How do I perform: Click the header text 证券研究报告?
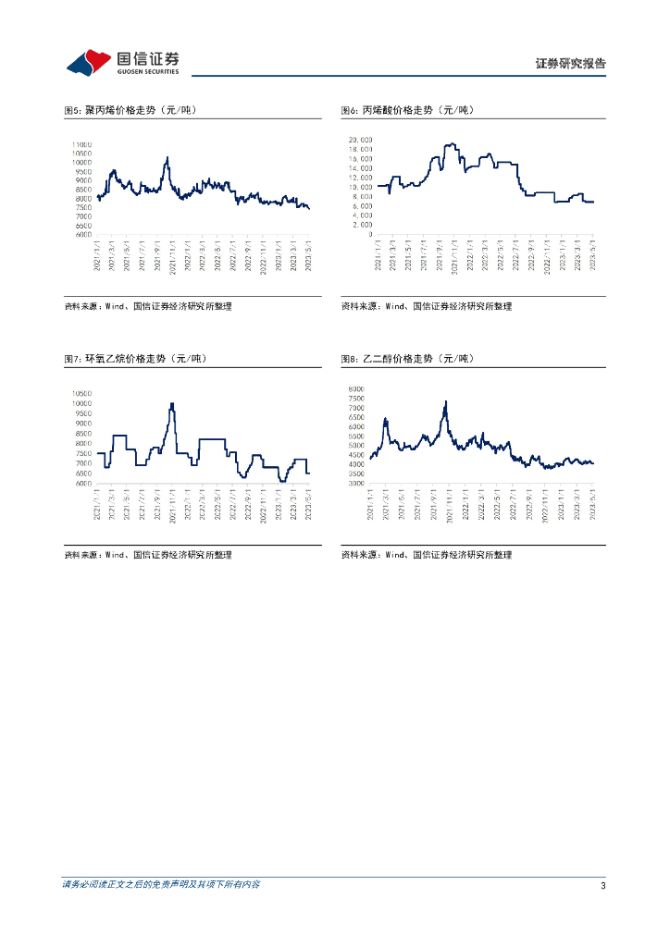[x=570, y=64]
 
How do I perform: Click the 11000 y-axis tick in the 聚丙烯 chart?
[x=81, y=144]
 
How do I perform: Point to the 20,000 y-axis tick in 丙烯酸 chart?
[x=359, y=140]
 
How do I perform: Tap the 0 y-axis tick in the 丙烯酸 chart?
[x=368, y=234]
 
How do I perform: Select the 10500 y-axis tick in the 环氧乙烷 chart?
[x=81, y=393]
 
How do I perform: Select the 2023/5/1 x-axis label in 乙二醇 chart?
[x=592, y=504]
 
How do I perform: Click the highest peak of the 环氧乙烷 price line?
[x=172, y=403]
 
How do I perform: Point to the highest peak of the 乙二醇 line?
[x=446, y=401]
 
